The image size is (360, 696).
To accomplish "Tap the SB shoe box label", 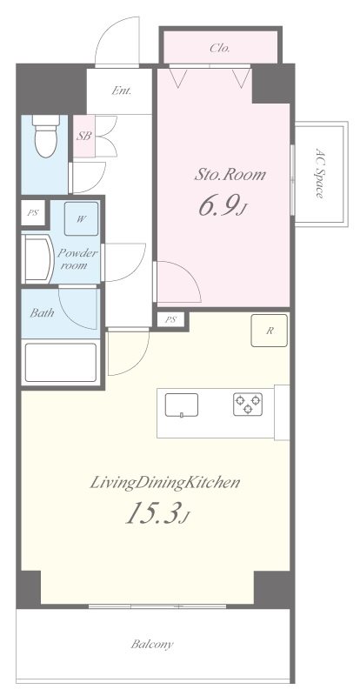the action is pos(83,136).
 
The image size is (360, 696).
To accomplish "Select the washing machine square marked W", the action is pos(81,218).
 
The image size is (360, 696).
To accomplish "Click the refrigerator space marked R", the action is pos(269,331).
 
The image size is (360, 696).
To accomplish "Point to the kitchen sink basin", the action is pos(182,405).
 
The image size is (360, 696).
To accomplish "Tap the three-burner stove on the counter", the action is pos(248,405).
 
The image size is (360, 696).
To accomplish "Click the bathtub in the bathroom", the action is pos(61,362).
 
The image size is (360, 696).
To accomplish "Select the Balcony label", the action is pos(152,644).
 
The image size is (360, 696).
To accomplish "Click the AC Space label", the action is pos(319,172).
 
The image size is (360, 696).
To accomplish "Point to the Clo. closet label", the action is pos(220,49).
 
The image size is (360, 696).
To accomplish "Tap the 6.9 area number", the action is pos(217,206).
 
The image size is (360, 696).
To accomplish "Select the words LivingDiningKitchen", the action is pos(164,483).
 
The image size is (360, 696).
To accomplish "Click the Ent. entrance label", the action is pos(121,90).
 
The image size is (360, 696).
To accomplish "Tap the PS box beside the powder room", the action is pos(33,212).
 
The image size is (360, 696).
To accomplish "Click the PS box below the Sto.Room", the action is pos(171,319).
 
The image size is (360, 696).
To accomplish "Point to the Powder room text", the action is pos(77,259).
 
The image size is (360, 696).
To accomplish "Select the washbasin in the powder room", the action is pos(38,258).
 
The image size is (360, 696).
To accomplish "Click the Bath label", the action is pos(42,312).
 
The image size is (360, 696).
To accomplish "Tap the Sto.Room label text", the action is pos(230,175).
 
